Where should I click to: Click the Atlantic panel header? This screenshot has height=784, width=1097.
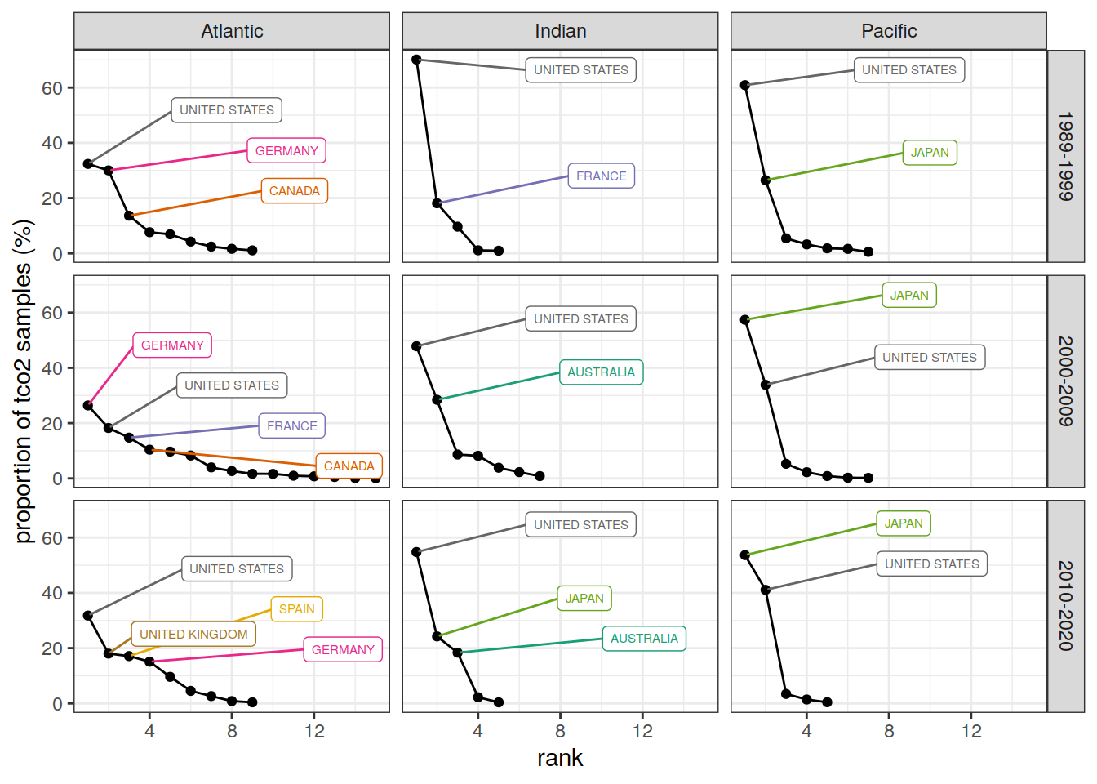point(232,31)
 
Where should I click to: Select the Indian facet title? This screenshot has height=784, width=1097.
point(560,31)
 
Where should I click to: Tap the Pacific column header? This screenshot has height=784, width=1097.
point(889,31)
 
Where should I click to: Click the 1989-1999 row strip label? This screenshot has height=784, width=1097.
point(1065,156)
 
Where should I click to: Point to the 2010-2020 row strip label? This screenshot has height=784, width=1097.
point(1065,605)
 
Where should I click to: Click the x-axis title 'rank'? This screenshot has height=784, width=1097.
point(560,758)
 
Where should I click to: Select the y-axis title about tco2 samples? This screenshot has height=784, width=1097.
point(23,381)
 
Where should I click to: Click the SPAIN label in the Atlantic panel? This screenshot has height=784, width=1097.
point(296,609)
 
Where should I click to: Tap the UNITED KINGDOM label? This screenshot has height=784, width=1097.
point(193,635)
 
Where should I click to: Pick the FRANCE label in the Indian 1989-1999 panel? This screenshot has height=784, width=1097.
point(602,176)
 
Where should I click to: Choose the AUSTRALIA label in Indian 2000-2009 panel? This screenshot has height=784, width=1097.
point(601,372)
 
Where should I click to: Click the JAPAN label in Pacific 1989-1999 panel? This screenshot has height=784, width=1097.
point(930,153)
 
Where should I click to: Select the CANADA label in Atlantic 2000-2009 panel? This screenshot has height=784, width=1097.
point(349,466)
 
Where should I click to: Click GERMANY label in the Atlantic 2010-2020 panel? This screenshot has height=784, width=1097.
point(343,650)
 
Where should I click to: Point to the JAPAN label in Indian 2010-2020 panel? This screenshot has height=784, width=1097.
point(584,599)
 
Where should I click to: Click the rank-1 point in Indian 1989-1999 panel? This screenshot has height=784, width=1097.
point(416,60)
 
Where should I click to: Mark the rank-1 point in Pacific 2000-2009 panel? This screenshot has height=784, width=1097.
point(745,320)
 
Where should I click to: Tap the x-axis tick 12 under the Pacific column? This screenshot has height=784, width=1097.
point(971,731)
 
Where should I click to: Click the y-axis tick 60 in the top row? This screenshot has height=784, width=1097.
point(52,88)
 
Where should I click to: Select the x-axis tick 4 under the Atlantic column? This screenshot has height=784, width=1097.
point(149,731)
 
